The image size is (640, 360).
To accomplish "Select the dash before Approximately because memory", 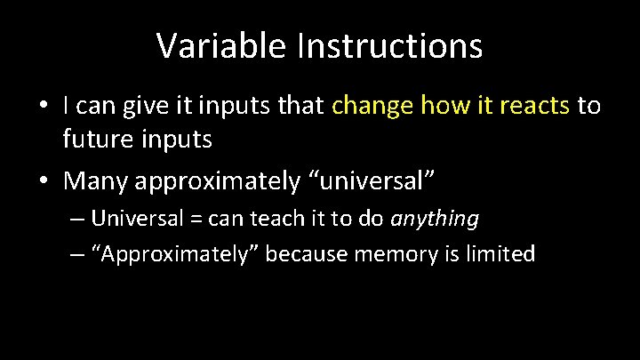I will pyautogui.click(x=76, y=255).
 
